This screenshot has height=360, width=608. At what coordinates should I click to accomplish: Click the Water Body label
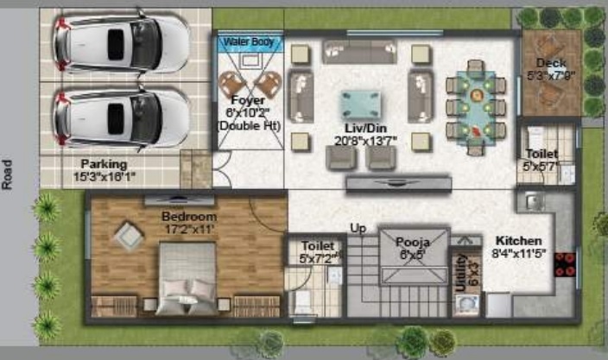tap(248, 41)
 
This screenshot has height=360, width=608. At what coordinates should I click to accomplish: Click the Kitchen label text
tap(519, 240)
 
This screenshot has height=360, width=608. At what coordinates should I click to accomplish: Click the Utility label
tap(462, 270)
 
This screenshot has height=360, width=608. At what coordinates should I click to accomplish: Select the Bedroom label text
tap(189, 216)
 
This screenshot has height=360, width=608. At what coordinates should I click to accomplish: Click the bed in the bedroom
tap(190, 276)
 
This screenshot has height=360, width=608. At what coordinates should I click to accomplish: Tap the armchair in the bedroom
tap(125, 236)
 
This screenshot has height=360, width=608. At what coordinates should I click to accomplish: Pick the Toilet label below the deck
tap(541, 154)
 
